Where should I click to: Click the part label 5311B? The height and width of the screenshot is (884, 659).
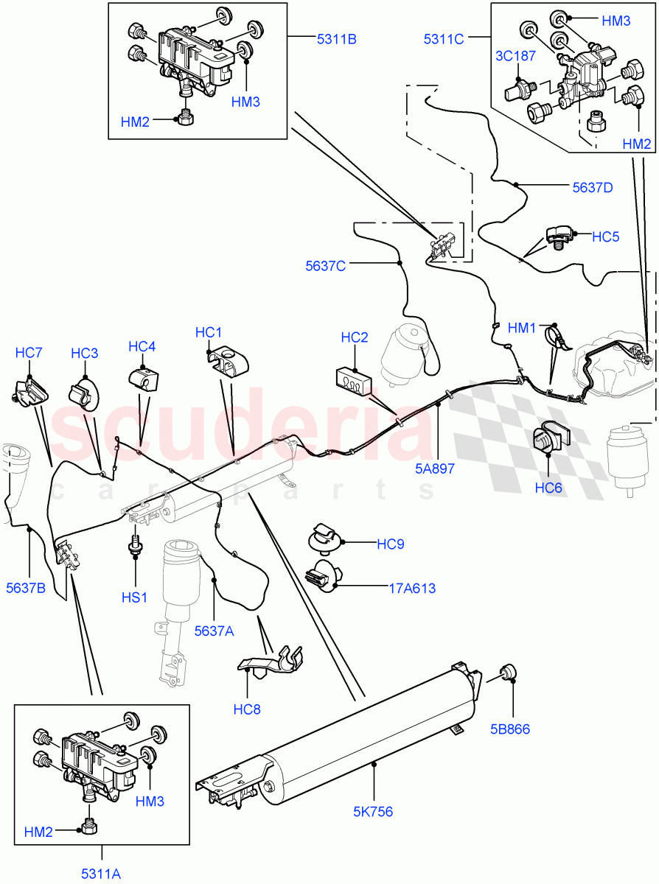[x=337, y=39]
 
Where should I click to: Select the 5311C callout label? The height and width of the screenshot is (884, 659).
[x=443, y=39]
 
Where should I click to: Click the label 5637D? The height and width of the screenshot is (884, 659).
[x=593, y=187]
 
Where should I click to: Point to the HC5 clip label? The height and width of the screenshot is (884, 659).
[x=606, y=236]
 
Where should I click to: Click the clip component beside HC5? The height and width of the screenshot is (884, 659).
[x=559, y=238]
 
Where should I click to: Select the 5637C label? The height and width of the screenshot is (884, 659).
[x=326, y=265]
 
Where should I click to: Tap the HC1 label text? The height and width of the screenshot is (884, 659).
[x=209, y=333]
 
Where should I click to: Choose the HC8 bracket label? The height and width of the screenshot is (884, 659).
[x=247, y=709]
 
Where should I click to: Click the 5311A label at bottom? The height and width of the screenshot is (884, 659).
[x=100, y=874]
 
